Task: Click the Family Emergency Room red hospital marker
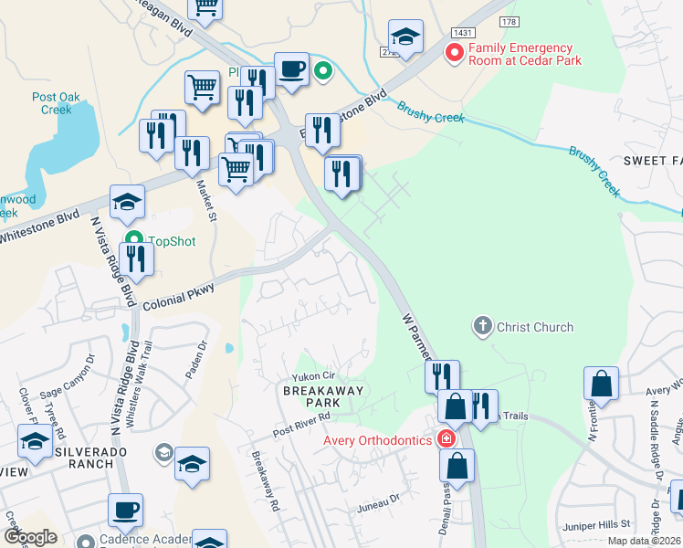pyautogui.click(x=453, y=54)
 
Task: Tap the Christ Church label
pyautogui.click(x=535, y=327)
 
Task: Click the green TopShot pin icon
pyautogui.click(x=134, y=242)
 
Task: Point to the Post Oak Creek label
pyautogui.click(x=57, y=103)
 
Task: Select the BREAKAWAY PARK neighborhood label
pyautogui.click(x=324, y=397)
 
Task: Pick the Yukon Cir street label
pyautogui.click(x=314, y=376)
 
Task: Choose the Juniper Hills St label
pyautogui.click(x=600, y=524)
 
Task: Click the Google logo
pyautogui.click(x=29, y=537)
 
